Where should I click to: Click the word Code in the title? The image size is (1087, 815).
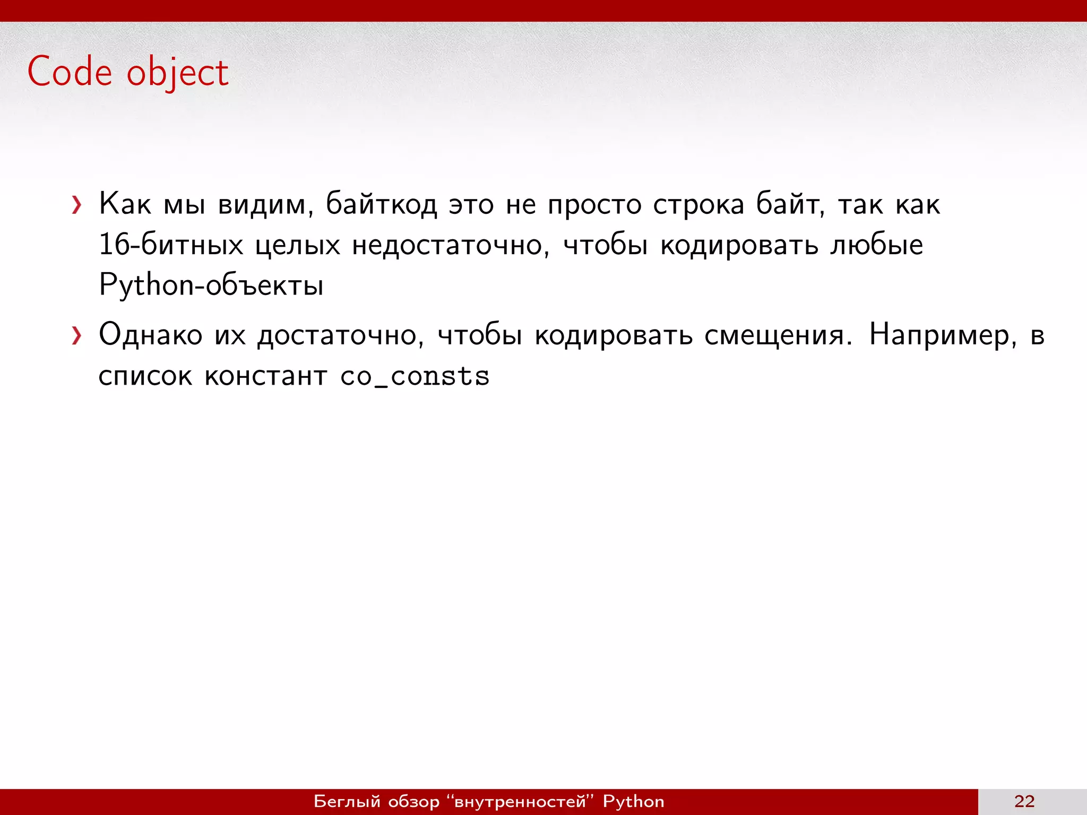tap(70, 72)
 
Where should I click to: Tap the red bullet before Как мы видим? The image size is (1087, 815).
tap(77, 205)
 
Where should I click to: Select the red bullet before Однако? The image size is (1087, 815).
tap(77, 336)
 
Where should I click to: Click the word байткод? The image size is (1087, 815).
tap(381, 204)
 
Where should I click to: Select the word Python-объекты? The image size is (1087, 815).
tap(211, 285)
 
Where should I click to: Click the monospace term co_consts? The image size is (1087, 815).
tap(415, 377)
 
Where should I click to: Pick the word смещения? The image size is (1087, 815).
tap(778, 336)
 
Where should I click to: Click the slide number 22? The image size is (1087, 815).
tap(1024, 801)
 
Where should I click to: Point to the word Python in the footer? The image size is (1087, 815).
tap(633, 801)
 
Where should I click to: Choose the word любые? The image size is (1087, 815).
tap(877, 245)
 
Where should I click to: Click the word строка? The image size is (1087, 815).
tap(698, 205)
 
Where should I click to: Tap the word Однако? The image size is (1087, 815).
tap(151, 335)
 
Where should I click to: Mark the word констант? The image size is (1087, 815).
tap(266, 377)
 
